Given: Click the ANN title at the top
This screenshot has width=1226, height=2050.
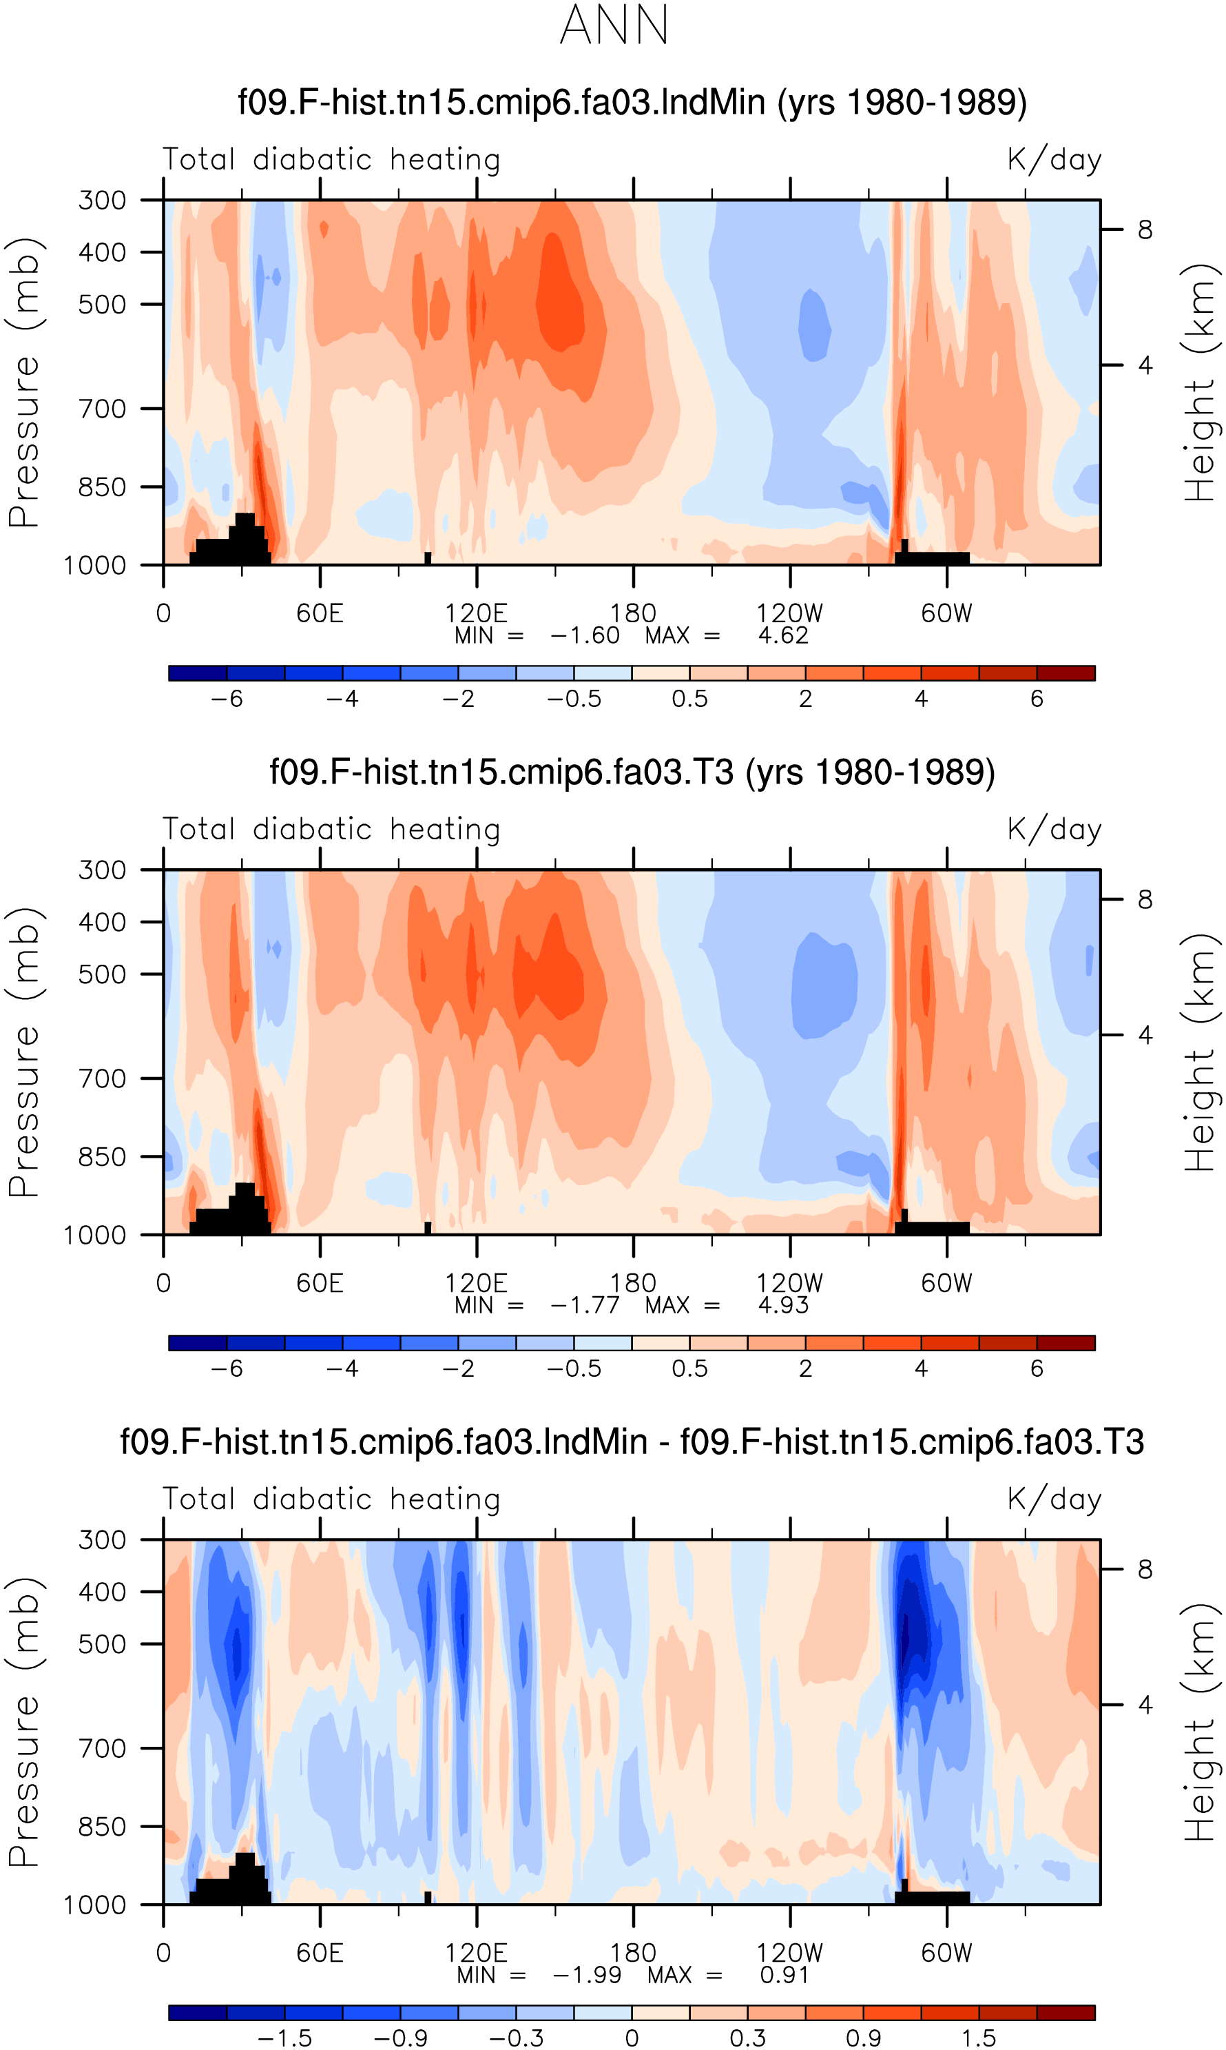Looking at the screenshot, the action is click(614, 25).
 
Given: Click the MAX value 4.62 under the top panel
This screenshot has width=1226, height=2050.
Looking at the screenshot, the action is click(782, 635).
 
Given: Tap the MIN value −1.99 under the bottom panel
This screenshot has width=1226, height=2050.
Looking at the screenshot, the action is click(587, 1975).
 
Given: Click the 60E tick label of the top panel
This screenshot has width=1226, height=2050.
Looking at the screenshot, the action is click(320, 613).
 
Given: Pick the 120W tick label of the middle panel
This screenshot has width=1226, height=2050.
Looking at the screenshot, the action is click(790, 1283).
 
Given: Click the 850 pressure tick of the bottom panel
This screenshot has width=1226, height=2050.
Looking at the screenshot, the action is click(103, 1826).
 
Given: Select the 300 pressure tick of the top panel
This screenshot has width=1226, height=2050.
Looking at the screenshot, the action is click(103, 200).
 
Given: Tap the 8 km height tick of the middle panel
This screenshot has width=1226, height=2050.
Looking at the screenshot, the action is click(1145, 899).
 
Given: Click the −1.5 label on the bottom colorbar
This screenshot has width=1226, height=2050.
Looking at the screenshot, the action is click(284, 2038).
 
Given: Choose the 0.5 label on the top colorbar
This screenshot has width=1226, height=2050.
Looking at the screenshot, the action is click(690, 699).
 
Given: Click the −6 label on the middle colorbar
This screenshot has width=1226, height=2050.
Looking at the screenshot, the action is click(227, 1369).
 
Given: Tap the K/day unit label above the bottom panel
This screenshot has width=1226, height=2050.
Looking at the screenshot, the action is click(1054, 1499).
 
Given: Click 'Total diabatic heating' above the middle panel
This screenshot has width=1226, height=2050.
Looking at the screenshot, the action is click(331, 829).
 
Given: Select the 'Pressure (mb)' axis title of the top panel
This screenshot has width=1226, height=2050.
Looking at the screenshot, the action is click(24, 382).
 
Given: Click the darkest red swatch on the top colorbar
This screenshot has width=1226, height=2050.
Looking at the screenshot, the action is click(1066, 673).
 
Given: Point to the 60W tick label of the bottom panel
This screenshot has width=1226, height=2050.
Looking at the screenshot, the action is click(947, 1954).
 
